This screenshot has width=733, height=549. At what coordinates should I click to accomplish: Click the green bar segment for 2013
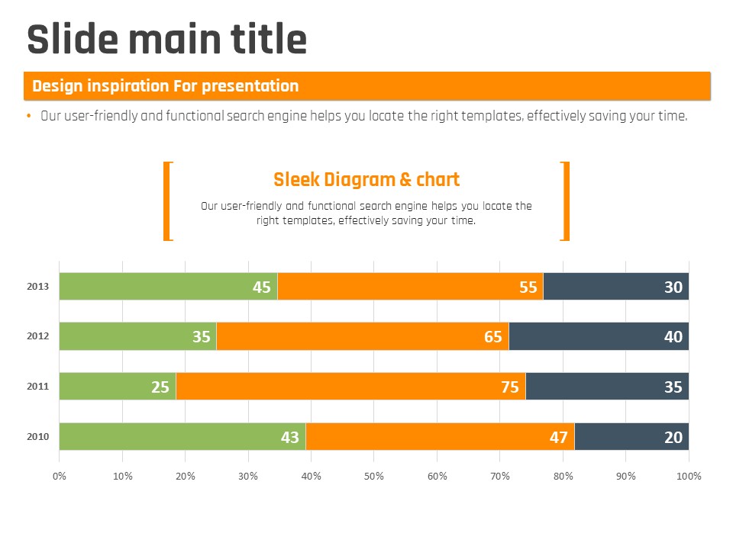coord(168,287)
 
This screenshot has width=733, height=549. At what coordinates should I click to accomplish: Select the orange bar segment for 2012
coord(363,336)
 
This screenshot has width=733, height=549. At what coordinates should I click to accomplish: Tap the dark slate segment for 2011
coord(607,387)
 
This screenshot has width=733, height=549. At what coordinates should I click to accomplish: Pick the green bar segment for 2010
coord(182,437)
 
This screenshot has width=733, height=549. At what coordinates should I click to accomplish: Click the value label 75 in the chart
coord(510,387)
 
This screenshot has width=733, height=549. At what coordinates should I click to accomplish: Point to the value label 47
coord(559,437)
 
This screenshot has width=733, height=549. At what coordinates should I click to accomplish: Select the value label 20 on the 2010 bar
coord(673,437)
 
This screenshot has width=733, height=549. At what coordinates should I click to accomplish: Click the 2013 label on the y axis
coord(38,287)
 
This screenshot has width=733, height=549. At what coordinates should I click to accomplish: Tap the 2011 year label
coord(38,387)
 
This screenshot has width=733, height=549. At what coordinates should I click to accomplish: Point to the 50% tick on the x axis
coord(373,476)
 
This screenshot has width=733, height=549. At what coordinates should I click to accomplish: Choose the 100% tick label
coord(689,476)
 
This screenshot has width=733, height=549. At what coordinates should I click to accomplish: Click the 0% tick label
coord(59,476)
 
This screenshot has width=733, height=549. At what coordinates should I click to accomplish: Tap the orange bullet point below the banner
coord(29,116)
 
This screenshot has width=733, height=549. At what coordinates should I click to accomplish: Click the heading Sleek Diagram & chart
coord(366,180)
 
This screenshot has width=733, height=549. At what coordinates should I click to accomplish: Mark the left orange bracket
coord(167,201)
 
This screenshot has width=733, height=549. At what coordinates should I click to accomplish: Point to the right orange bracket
coord(566,201)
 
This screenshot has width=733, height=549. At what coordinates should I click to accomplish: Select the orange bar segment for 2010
coord(440,437)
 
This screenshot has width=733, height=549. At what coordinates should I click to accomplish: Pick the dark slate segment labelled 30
coord(616,287)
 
